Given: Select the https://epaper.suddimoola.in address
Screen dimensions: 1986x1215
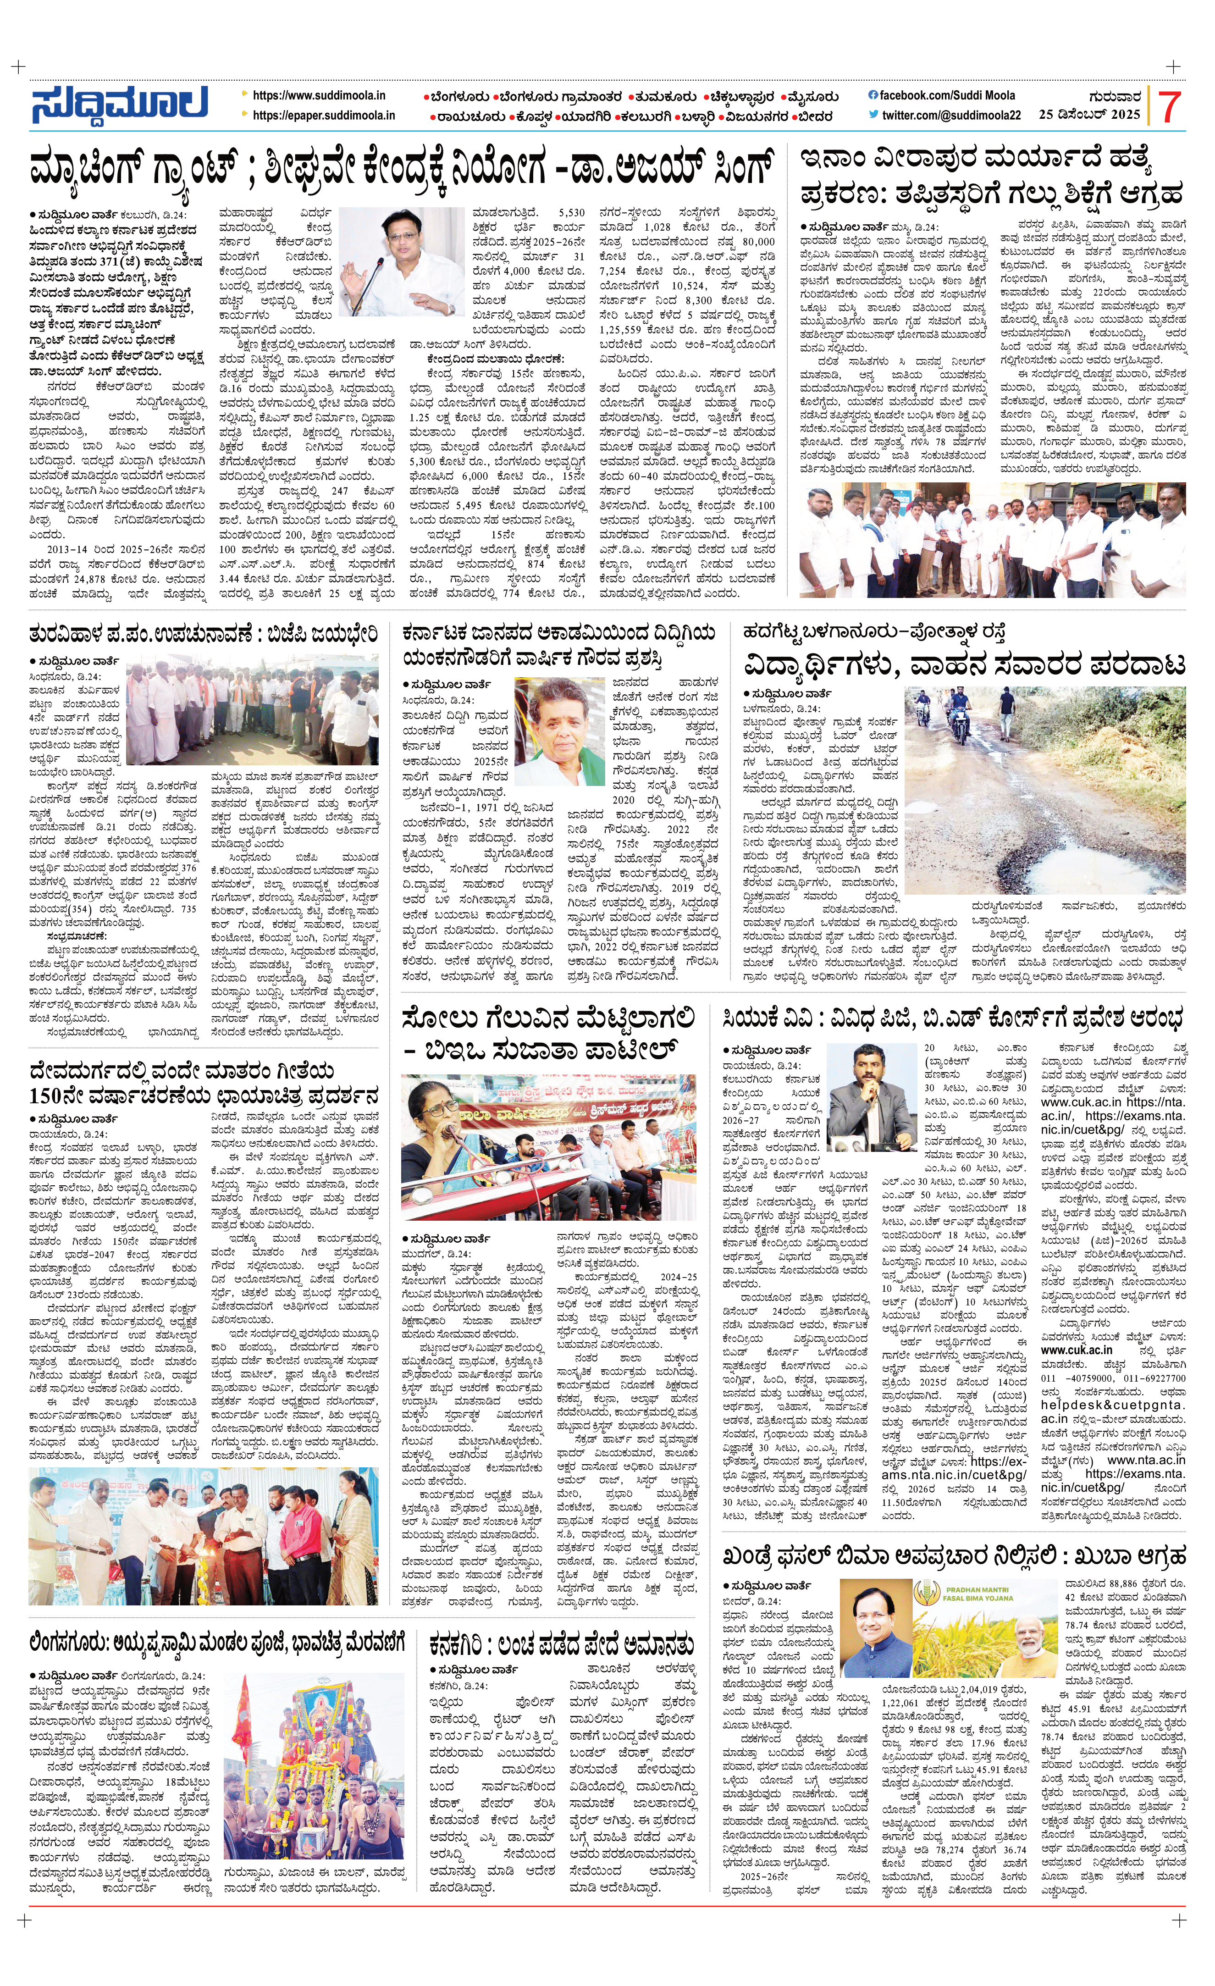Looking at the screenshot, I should (x=324, y=115).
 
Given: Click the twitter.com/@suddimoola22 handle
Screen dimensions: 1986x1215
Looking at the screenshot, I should (x=951, y=115).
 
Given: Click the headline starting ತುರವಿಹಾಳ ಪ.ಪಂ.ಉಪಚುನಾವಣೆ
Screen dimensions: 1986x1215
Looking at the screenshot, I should (x=203, y=634).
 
